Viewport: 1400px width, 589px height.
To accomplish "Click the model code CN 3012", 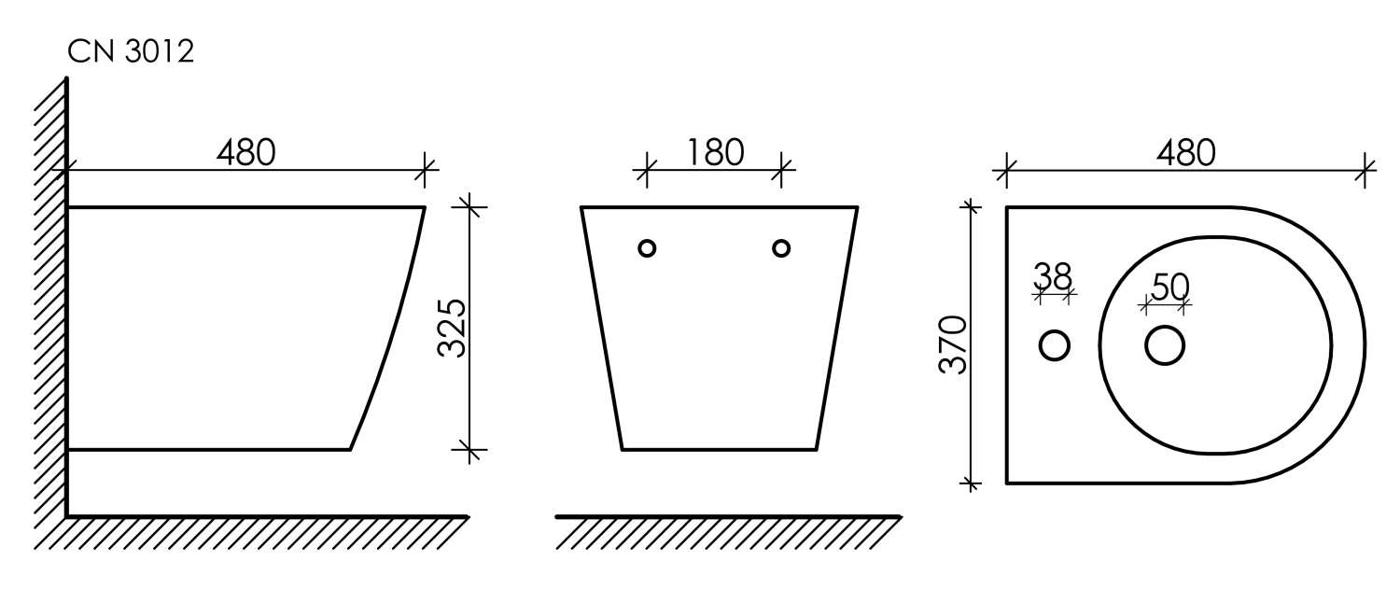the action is point(131,51).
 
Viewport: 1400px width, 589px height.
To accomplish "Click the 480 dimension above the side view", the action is point(245,153).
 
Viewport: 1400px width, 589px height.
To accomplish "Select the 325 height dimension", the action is point(452,328).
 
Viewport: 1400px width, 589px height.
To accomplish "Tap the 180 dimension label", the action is point(715,153).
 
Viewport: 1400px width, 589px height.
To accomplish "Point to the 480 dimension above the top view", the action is point(1185,153).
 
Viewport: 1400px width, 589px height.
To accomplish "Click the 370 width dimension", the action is point(953,344).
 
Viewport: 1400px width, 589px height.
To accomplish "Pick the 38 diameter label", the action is point(1053,276).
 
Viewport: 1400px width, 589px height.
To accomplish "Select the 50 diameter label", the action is point(1170,287).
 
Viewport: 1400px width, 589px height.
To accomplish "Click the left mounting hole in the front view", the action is point(647,249).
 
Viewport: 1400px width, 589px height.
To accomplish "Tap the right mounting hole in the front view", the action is point(781,249).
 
